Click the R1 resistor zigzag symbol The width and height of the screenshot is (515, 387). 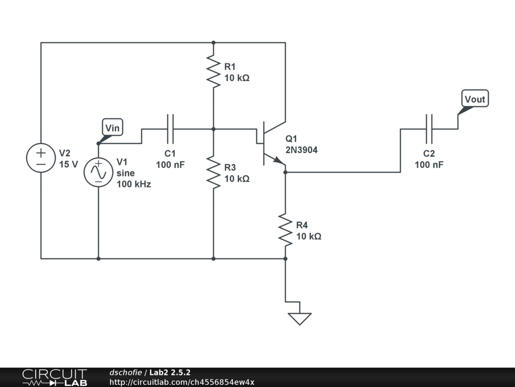point(213,72)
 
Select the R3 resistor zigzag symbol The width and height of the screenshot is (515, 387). point(213,172)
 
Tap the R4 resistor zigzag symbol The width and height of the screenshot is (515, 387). point(285,230)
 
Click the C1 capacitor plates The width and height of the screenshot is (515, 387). point(170,129)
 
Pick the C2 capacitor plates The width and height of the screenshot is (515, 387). point(429,129)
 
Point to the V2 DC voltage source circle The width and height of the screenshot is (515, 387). point(41,158)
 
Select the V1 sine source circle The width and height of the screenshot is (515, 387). point(98,172)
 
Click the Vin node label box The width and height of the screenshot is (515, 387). point(113,127)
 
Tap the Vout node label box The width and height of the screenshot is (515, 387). point(475,98)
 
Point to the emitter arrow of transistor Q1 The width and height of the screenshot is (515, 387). point(279,161)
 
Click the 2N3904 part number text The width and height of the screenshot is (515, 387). point(302,150)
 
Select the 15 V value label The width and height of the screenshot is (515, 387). point(68,164)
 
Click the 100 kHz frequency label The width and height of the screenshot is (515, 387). point(134,184)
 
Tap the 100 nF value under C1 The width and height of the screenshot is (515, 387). point(170,165)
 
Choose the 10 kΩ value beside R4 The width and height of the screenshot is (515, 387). point(309,236)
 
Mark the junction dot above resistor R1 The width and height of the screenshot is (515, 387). point(213,42)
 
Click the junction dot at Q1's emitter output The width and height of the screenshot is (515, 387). point(285,172)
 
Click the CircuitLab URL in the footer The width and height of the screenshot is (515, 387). point(182,382)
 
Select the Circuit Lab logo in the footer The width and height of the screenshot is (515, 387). point(54,377)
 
